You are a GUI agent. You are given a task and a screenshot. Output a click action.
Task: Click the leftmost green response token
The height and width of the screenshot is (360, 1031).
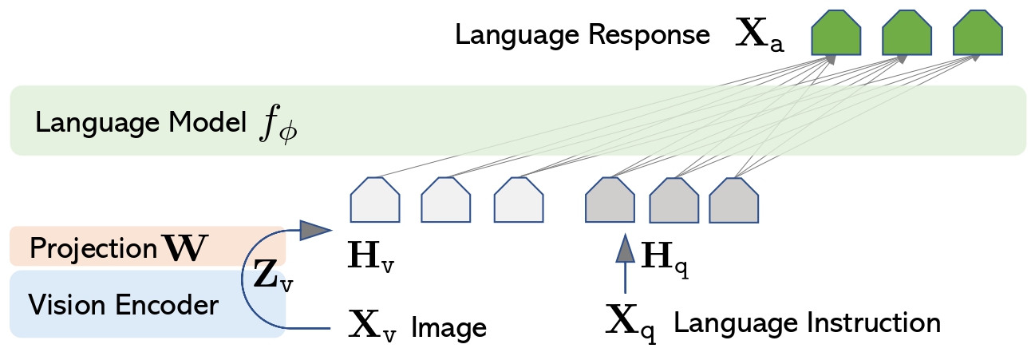click(835, 36)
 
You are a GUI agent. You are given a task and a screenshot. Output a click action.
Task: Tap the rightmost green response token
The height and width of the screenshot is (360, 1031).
click(978, 36)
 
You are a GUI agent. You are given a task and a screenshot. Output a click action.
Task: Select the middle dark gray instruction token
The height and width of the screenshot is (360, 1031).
click(674, 202)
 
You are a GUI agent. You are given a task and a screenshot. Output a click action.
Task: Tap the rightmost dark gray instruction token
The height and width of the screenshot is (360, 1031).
click(733, 202)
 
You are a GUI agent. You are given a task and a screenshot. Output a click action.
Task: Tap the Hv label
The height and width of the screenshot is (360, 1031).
click(370, 259)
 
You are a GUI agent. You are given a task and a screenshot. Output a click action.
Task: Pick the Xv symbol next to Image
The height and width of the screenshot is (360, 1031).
click(372, 326)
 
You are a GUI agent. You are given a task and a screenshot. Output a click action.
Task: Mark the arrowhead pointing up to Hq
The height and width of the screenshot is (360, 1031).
click(625, 249)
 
